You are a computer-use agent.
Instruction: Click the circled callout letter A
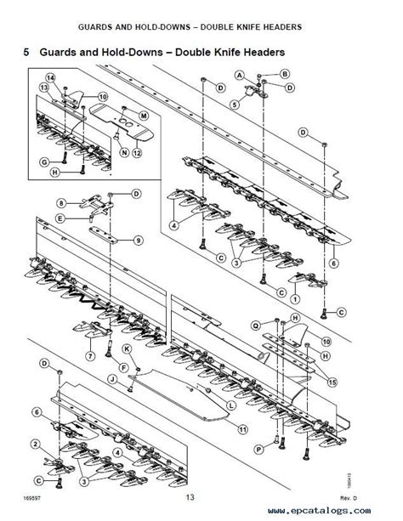(241, 76)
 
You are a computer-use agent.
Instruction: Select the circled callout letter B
(285, 74)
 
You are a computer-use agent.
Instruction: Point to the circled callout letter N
(124, 153)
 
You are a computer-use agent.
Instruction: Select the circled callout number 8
(60, 202)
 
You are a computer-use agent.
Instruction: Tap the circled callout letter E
(60, 218)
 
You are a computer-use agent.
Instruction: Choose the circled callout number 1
(294, 299)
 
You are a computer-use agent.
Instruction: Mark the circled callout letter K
(127, 349)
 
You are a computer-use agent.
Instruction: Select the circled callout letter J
(111, 379)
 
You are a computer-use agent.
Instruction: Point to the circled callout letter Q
(255, 324)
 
